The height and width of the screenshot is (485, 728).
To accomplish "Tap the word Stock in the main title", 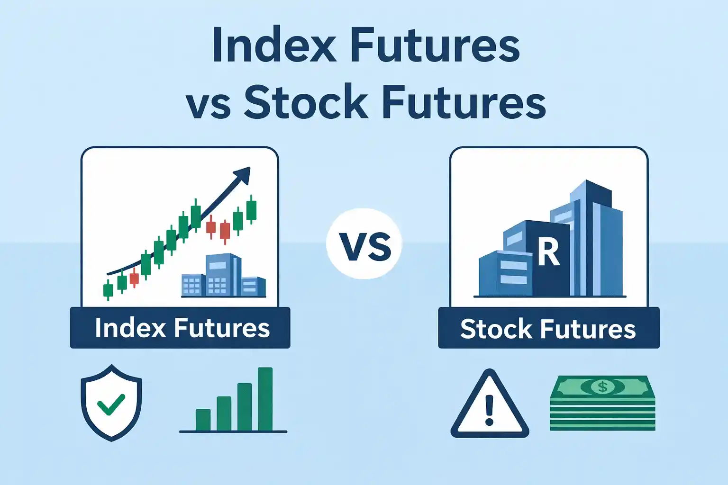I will pos(306,102).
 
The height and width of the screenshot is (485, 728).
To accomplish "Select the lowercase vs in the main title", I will pos(208,105).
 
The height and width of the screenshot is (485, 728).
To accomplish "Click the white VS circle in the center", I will pos(364,244).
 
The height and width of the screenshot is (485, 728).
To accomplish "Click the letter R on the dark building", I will pos(548,253).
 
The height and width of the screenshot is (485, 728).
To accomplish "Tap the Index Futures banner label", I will pos(181,328).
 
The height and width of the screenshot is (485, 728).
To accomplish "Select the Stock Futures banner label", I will pos(548,329).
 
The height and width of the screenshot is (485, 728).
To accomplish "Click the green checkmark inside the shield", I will pos(111,404).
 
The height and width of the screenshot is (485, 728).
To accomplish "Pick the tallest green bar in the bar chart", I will pos(265,399).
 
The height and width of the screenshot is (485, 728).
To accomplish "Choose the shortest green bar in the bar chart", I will pos(203,420).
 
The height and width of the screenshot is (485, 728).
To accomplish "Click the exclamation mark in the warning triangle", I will pos(490,410).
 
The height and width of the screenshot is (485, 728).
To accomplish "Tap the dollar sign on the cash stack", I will pos(602,387).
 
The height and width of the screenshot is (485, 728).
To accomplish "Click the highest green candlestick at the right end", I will pos(251,210).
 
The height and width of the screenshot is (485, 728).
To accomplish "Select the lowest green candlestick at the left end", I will pos(108,289).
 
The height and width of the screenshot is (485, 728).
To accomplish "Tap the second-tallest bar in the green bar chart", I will pos(244,407).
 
